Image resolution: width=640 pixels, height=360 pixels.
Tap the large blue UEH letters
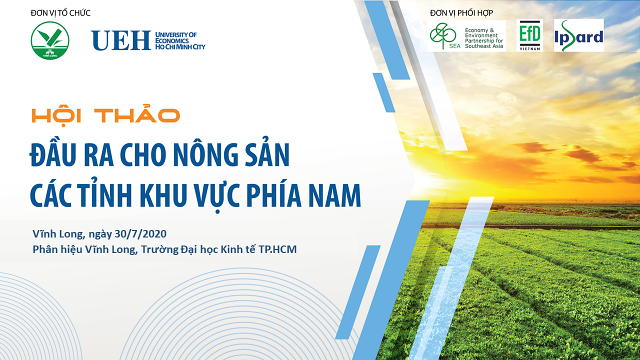coord(120,40)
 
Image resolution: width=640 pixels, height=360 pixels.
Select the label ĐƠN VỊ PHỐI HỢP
coord(461,13)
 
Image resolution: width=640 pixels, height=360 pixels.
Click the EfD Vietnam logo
coord(529,35)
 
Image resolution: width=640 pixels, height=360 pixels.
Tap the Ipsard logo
coord(579,35)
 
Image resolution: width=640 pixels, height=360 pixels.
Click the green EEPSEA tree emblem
coord(442,35)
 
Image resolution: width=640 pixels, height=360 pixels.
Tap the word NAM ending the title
coord(336,193)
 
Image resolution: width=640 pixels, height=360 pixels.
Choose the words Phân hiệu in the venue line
coord(55,249)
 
